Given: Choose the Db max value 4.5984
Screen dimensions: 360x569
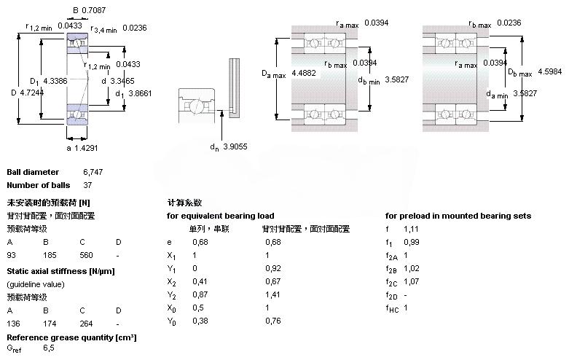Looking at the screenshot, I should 550,71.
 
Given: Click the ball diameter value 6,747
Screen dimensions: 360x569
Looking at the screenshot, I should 93,172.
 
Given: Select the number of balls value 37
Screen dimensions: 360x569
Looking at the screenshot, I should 87,185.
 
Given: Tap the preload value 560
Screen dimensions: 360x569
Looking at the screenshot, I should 87,255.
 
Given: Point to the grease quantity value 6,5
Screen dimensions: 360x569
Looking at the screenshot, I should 49,348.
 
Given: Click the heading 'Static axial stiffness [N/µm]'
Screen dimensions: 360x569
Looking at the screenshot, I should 60,271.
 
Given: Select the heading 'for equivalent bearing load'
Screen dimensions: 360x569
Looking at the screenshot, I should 220,216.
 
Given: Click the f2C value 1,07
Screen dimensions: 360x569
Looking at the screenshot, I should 411,282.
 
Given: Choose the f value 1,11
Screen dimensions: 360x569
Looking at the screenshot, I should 411,228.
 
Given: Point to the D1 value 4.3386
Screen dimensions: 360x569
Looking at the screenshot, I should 55,81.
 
